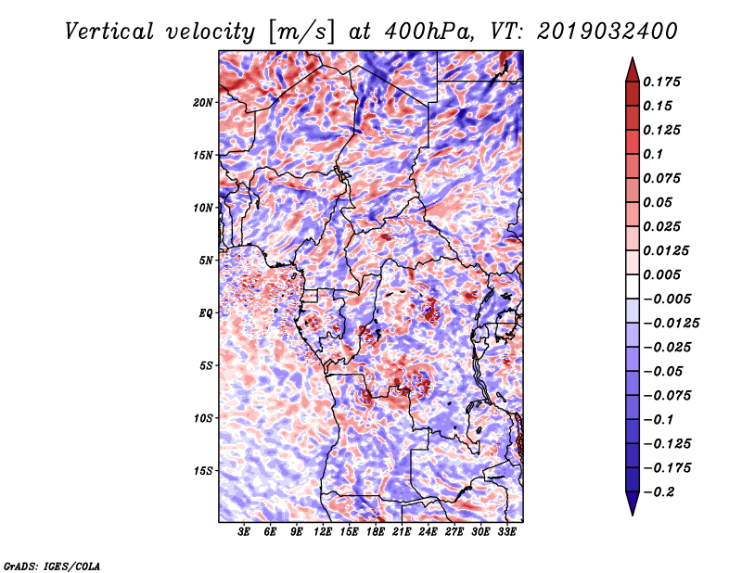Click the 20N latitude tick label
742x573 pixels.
(203, 102)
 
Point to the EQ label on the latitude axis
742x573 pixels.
(207, 313)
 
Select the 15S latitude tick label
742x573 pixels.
(203, 471)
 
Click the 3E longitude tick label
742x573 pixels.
(245, 533)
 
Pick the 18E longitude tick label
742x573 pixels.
(376, 533)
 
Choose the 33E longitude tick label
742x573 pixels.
(506, 533)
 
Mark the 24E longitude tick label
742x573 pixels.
(428, 533)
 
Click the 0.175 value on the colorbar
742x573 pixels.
(664, 82)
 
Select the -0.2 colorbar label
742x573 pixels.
(659, 491)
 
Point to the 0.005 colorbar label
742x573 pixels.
(664, 274)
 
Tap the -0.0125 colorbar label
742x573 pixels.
(673, 323)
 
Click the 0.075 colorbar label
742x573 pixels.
(664, 178)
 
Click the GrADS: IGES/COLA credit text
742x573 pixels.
(51, 565)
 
